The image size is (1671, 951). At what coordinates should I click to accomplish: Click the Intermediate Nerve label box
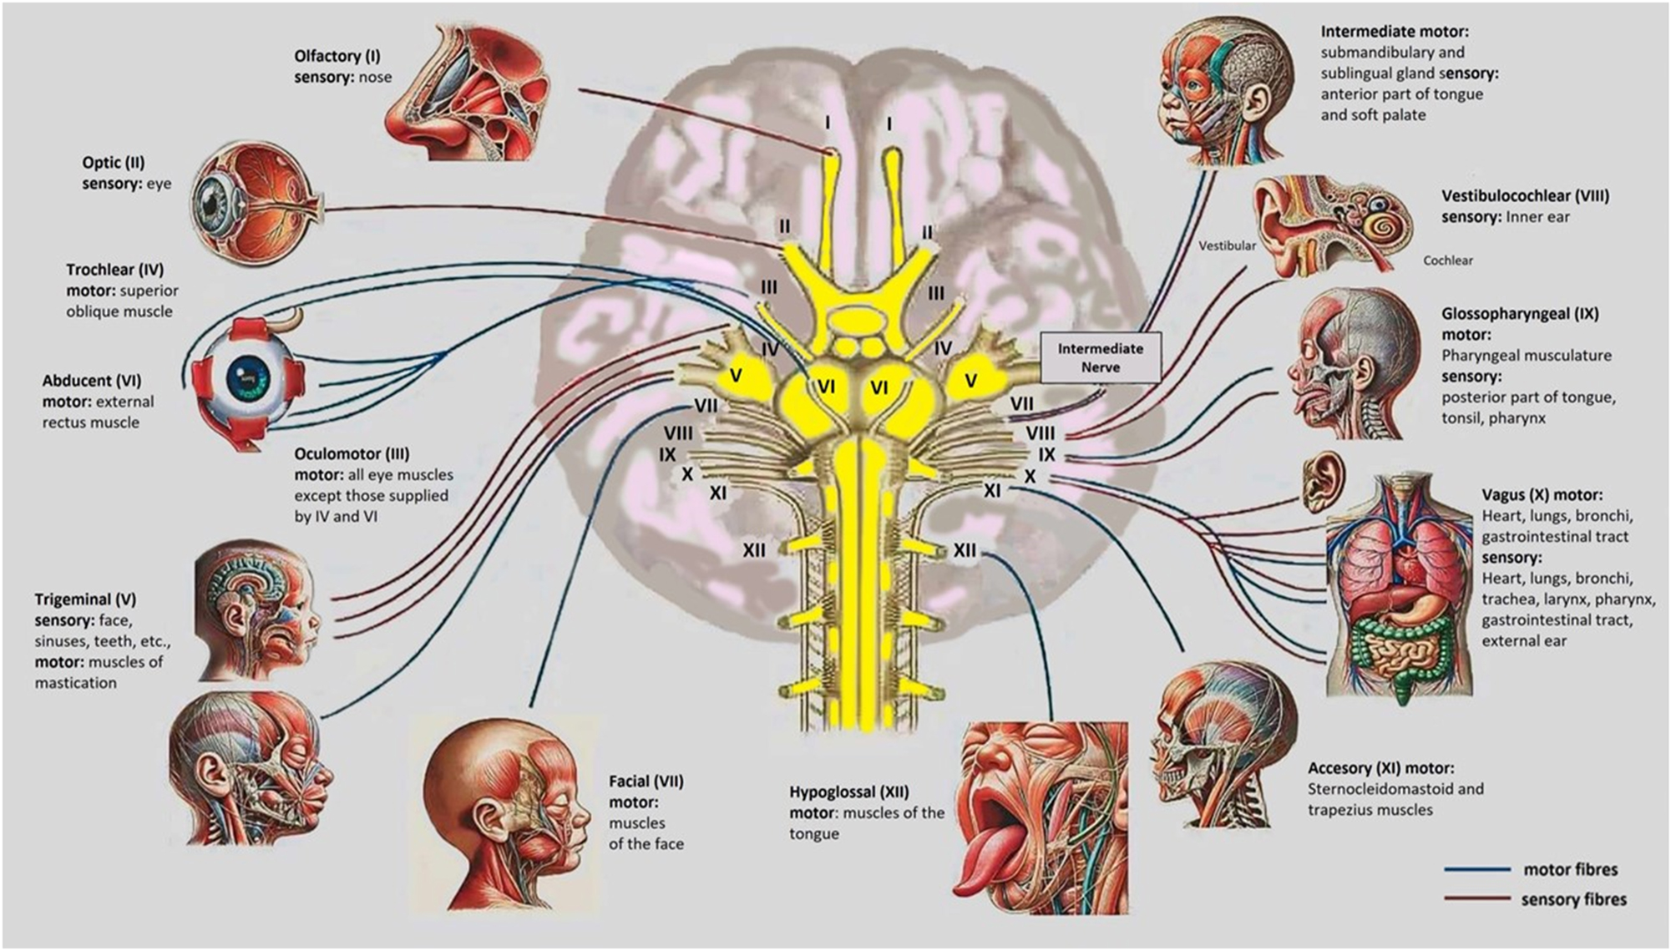pos(1100,357)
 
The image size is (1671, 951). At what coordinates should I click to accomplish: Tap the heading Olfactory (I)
pos(337,56)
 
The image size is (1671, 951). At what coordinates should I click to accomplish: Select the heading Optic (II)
pos(113,163)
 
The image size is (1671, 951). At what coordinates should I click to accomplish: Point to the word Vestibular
pos(1227,245)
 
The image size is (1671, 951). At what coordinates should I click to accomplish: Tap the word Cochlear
pos(1448,261)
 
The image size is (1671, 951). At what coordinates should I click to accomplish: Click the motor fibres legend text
pos(1570,869)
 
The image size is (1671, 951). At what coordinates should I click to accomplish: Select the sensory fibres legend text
pos(1573,899)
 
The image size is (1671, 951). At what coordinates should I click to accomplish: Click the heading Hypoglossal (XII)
pos(848,792)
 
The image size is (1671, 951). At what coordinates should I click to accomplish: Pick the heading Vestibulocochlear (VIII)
pos(1525,196)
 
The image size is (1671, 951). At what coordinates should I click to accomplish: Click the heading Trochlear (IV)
pos(115,270)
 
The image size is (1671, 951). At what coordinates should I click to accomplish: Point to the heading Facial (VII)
pos(646,782)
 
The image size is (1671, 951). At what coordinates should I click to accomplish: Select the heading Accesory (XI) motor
pos(1380,768)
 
